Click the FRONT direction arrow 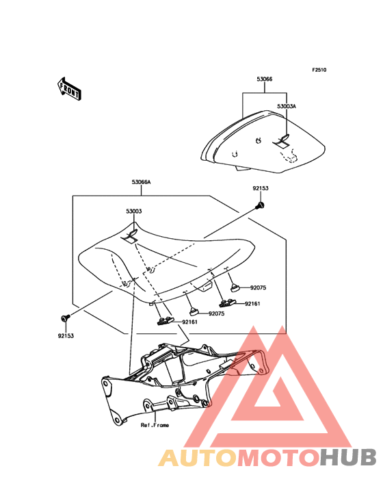(x=69, y=89)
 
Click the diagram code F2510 (x=319, y=70)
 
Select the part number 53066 (x=265, y=79)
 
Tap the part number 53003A (x=287, y=106)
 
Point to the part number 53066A (x=141, y=183)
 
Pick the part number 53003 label (x=134, y=211)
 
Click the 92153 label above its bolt (x=261, y=188)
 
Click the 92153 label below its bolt (x=66, y=336)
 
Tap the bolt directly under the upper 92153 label (x=260, y=205)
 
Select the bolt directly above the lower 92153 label (x=66, y=318)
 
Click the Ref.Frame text (x=155, y=425)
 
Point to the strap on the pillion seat (x=282, y=141)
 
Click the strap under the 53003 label (x=130, y=236)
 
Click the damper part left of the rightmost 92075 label (x=236, y=288)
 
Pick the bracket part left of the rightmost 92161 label (x=227, y=303)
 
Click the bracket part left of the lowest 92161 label (x=165, y=321)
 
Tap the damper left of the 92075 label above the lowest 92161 (x=194, y=311)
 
